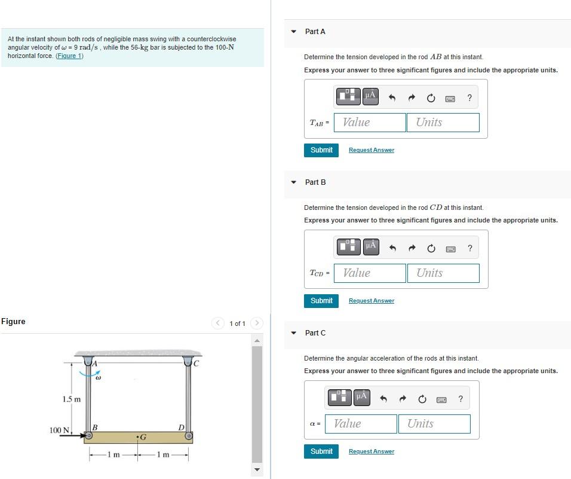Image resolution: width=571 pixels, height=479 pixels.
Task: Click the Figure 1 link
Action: click(x=69, y=56)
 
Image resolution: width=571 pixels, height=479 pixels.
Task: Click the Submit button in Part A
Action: click(x=321, y=150)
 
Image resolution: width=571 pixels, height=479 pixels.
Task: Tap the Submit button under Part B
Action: click(x=321, y=301)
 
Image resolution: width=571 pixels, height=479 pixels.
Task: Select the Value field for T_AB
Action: click(x=370, y=123)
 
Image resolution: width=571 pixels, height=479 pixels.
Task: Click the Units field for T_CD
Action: click(x=443, y=273)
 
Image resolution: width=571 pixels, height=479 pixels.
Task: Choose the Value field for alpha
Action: click(x=361, y=423)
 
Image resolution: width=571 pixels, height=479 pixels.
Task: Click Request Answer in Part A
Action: click(x=372, y=150)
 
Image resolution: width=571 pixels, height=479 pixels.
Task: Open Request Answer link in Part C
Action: click(x=372, y=451)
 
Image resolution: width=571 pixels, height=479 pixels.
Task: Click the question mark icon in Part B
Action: click(x=470, y=248)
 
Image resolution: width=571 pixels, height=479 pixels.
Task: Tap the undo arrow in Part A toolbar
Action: click(x=392, y=97)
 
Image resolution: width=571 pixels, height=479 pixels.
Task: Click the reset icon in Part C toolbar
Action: click(x=422, y=399)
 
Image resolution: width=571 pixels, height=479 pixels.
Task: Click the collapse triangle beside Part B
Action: click(x=294, y=182)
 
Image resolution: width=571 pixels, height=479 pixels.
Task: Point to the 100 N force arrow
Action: click(x=78, y=435)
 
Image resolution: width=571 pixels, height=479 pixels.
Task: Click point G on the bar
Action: click(x=137, y=437)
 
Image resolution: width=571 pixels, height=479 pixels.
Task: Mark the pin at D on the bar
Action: click(x=189, y=436)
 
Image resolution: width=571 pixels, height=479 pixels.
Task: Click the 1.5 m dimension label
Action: click(x=72, y=399)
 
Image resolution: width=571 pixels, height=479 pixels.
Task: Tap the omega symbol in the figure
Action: click(x=98, y=378)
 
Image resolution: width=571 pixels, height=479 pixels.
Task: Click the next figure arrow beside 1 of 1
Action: click(x=257, y=323)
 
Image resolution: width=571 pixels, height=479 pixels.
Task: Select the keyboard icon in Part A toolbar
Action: click(x=450, y=99)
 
